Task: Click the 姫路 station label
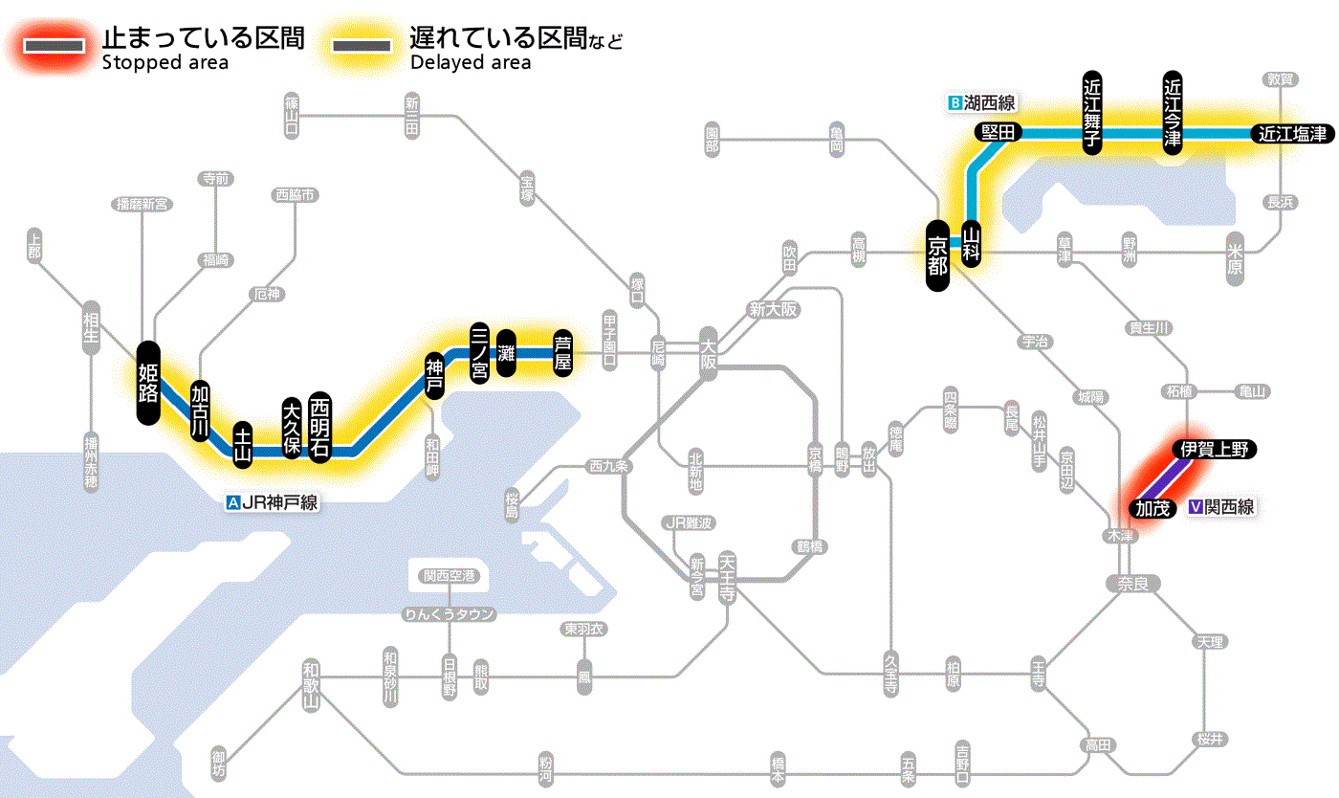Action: (148, 383)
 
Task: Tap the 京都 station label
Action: (938, 255)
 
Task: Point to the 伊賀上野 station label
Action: (1214, 450)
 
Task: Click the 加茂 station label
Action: (1152, 508)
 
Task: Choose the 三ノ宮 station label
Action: (480, 353)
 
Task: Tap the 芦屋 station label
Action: (563, 352)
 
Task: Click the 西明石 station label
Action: (319, 427)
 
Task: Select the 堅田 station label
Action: (998, 133)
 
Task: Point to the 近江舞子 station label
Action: (1092, 112)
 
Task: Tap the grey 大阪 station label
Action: (708, 356)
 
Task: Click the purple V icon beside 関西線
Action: (1195, 508)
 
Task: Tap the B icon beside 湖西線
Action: (954, 102)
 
